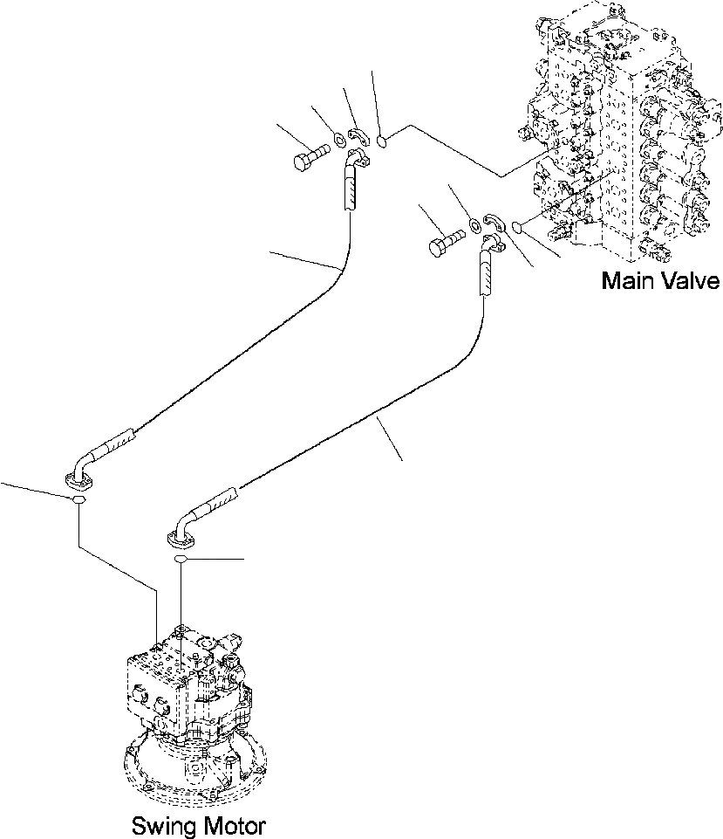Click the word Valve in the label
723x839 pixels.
click(689, 281)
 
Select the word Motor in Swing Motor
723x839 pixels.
click(228, 825)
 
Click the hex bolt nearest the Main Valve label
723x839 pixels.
click(446, 242)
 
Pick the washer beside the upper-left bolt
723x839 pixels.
click(338, 137)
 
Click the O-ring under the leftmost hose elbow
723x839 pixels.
click(78, 500)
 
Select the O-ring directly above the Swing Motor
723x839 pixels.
click(181, 558)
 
